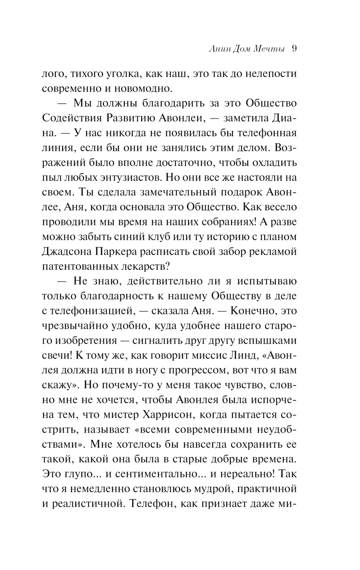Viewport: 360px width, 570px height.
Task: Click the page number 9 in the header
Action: click(293, 49)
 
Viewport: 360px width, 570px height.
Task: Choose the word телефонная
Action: click(267, 133)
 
